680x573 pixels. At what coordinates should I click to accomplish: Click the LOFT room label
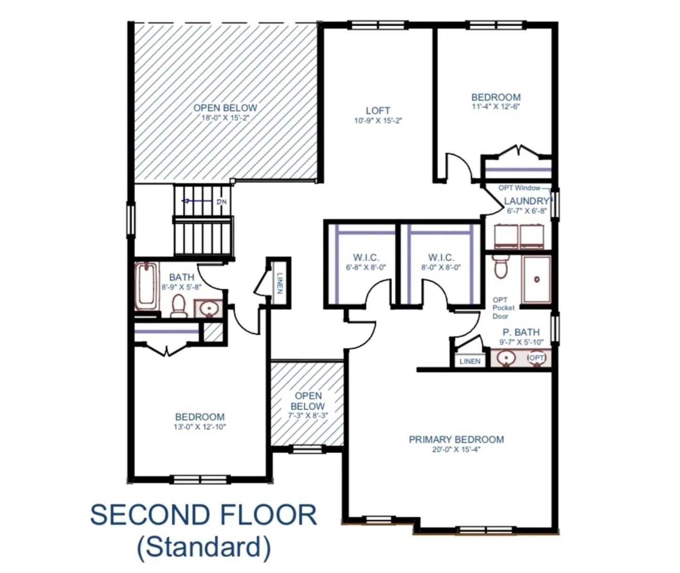(378, 111)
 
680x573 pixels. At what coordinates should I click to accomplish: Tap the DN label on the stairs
(221, 202)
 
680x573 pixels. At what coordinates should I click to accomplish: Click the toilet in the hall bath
(179, 305)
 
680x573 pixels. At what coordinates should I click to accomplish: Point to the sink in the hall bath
(208, 309)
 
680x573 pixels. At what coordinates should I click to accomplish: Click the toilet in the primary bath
(500, 267)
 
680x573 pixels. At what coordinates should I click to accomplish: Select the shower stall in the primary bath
(536, 279)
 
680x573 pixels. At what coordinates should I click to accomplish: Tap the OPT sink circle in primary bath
(536, 358)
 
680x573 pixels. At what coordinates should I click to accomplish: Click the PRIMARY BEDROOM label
(456, 439)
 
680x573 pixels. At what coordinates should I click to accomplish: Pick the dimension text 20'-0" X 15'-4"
(456, 449)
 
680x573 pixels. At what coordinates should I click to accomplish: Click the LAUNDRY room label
(526, 201)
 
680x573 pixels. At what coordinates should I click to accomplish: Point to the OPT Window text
(519, 188)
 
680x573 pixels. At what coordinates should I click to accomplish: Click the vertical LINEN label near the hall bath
(280, 283)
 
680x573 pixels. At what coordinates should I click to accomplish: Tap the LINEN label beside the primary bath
(470, 361)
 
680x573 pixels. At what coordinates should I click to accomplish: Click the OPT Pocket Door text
(503, 308)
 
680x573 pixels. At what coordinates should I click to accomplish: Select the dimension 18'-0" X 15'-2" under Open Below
(225, 118)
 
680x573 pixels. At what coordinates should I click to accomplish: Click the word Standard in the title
(204, 547)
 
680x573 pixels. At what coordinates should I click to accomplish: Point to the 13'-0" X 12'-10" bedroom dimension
(200, 427)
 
